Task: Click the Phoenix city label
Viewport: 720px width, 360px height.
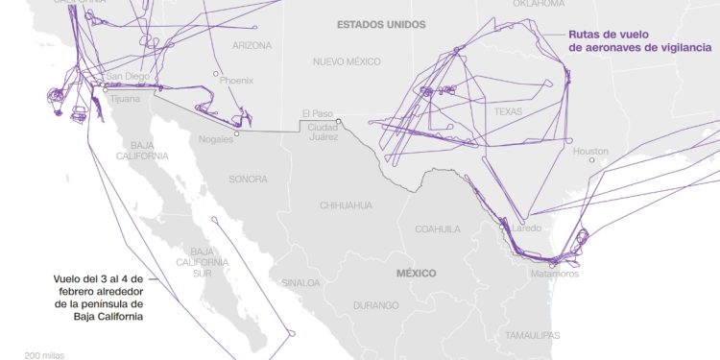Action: click(236, 82)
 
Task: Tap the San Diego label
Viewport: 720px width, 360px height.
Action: click(127, 76)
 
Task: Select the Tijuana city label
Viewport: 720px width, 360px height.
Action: click(124, 98)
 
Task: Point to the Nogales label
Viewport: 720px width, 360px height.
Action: click(216, 139)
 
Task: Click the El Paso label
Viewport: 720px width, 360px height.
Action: click(316, 112)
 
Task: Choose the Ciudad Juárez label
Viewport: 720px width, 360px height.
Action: click(323, 132)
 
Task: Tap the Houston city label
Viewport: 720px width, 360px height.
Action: click(590, 152)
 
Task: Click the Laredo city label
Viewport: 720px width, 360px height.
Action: click(526, 228)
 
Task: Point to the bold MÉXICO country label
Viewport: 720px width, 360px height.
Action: click(416, 274)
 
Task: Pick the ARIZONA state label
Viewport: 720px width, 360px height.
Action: click(252, 45)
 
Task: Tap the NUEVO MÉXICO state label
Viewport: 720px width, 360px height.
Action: click(347, 61)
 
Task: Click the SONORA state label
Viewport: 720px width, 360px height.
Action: click(248, 180)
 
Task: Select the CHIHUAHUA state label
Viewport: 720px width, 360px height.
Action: click(345, 205)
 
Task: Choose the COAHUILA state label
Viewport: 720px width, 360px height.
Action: click(438, 229)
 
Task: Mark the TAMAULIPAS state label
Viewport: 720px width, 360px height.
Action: click(533, 335)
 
